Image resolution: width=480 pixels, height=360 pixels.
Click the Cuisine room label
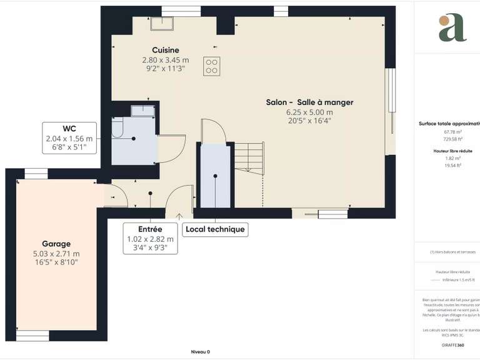[x=165, y=50]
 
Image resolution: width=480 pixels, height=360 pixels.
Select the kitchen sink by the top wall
[x=162, y=24]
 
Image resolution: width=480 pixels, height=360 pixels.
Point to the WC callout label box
[x=69, y=138]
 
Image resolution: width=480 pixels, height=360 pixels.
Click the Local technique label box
[x=215, y=229]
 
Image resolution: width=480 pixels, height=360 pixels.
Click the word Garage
[x=56, y=244]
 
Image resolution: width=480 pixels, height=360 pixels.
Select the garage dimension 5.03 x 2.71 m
[x=56, y=254]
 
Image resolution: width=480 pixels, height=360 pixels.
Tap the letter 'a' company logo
[x=452, y=27]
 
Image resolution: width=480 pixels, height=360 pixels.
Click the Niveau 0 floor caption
[x=200, y=352]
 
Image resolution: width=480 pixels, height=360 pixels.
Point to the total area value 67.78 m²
[x=453, y=132]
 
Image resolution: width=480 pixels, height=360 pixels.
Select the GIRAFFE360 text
[x=453, y=346]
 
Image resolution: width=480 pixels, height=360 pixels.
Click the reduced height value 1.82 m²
[x=453, y=158]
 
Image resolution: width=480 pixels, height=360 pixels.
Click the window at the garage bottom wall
[x=32, y=337]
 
